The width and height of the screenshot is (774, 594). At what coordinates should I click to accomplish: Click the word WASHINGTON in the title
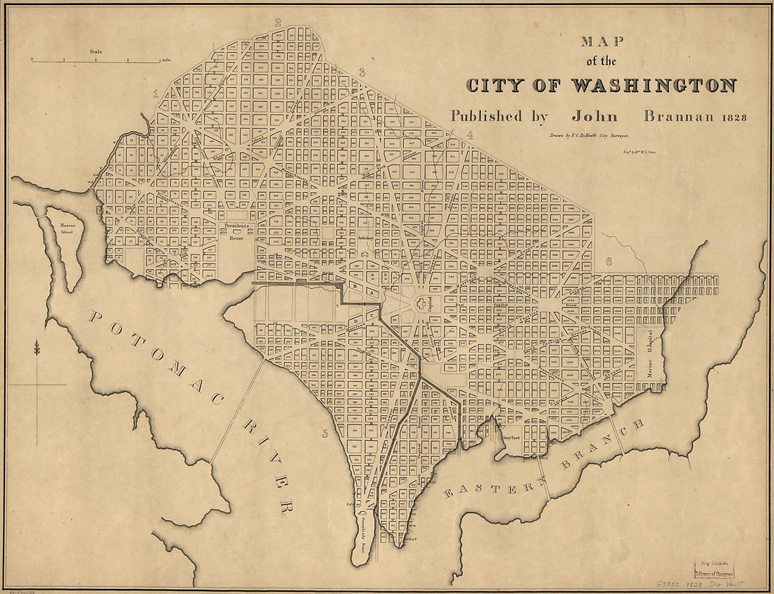(652, 86)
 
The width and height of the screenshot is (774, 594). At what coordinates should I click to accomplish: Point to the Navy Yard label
(511, 437)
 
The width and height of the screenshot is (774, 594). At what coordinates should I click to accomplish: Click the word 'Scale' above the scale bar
(96, 51)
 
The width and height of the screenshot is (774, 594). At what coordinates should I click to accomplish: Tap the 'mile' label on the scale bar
(166, 60)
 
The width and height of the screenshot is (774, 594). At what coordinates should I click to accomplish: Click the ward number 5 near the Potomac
(325, 433)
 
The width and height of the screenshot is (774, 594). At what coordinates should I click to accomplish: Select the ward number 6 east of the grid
(608, 262)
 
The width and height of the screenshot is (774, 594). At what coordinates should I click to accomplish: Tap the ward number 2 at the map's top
(278, 22)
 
